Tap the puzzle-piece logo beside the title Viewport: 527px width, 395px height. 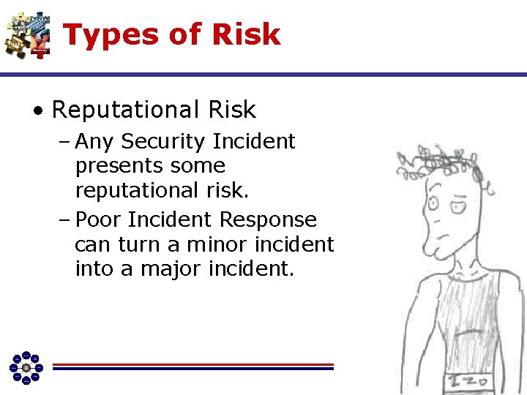pyautogui.click(x=27, y=34)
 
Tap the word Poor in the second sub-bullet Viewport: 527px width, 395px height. pyautogui.click(x=98, y=219)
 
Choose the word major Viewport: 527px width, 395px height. pyautogui.click(x=165, y=269)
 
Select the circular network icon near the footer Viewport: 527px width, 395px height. pyautogui.click(x=26, y=366)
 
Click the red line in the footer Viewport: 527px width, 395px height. pyautogui.click(x=193, y=364)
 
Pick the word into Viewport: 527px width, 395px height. pyautogui.click(x=92, y=269)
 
